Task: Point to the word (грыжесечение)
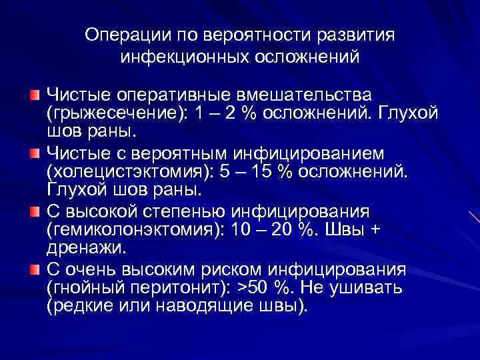[111, 113]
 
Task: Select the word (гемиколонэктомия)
[135, 230]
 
